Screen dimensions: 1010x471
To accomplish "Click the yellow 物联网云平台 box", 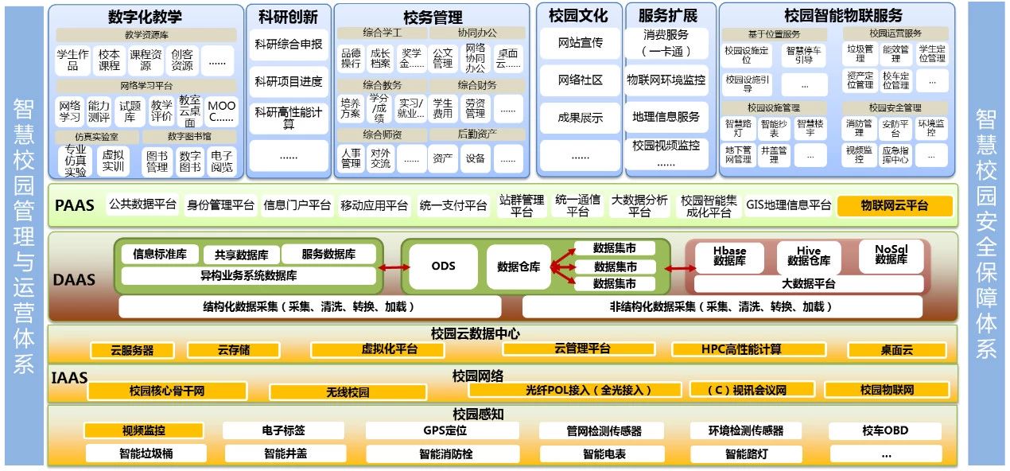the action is pos(895,205).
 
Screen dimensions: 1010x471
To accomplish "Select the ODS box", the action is pos(443,266).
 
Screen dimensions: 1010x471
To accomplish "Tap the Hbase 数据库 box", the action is pos(728,255).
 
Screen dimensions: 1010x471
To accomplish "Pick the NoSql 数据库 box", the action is pos(891,254).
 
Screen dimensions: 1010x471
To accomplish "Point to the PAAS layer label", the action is pos(75,205).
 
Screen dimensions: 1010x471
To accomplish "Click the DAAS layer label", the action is pos(74,279).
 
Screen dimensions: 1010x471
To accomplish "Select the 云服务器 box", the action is pos(132,350).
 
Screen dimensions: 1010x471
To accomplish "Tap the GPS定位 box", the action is pos(445,430).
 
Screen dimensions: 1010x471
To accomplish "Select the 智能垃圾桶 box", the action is pos(141,454).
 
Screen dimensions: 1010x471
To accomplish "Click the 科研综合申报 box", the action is pos(288,45).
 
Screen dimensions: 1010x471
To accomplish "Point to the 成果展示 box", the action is pos(580,119).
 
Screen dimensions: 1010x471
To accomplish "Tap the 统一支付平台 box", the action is pos(453,205).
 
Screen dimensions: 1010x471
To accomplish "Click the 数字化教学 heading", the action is pos(145,17).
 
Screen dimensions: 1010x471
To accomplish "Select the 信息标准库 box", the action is pos(160,255).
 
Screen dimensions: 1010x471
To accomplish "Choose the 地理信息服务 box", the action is pos(666,117).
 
